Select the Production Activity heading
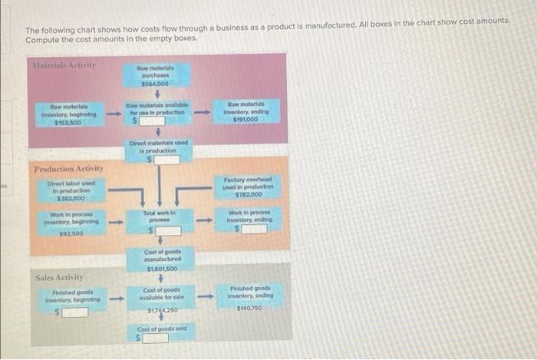pos(69,168)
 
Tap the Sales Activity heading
pos(60,276)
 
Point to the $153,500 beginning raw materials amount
pos(68,122)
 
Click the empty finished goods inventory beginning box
pos(71,312)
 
